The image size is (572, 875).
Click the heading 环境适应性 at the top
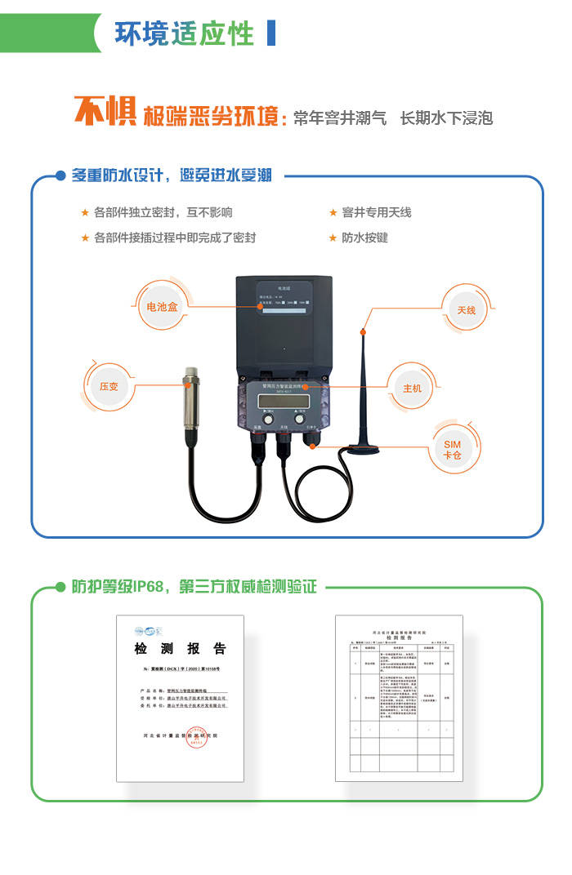[184, 33]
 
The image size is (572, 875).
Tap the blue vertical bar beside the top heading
[271, 33]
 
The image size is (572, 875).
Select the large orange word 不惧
[105, 113]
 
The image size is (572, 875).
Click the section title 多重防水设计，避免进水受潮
[172, 175]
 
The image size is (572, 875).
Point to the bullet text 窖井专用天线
[376, 212]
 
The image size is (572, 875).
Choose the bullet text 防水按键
[364, 238]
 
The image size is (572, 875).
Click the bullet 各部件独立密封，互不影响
[163, 212]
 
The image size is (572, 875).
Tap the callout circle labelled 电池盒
[162, 307]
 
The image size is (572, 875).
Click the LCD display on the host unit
[281, 400]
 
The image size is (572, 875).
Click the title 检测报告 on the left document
[180, 649]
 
